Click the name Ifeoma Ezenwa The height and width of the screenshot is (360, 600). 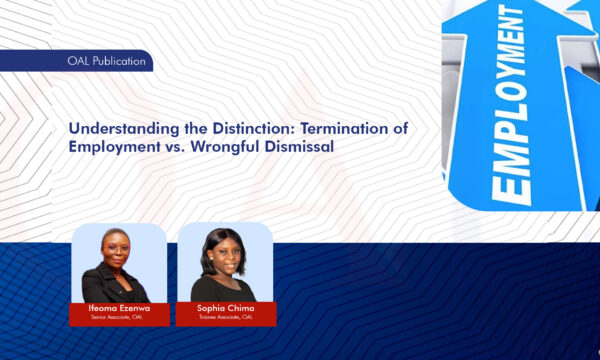(118, 310)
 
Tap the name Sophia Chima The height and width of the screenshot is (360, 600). (224, 310)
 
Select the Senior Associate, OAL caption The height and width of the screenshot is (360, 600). (118, 319)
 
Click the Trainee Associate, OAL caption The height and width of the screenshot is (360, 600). (224, 319)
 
